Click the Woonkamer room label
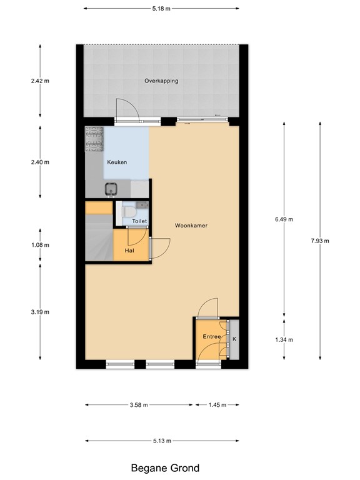[191, 226]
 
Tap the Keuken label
[117, 162]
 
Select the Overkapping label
[161, 81]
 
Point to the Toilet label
[139, 221]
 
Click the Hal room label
[129, 250]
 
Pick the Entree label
[212, 337]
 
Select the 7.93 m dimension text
[320, 241]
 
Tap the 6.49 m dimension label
[284, 219]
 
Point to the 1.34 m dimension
[284, 340]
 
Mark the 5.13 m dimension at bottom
[161, 441]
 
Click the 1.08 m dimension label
[40, 245]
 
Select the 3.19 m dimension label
[40, 312]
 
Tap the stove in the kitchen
[94, 141]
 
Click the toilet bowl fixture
[131, 212]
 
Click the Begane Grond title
[165, 467]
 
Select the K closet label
[234, 339]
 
